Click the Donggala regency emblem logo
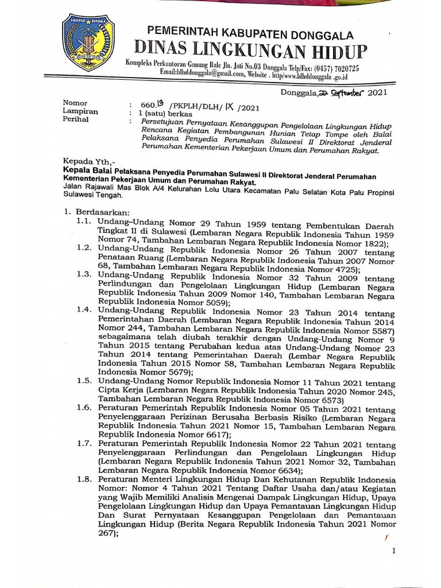tap(88, 43)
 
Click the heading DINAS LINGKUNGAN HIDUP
tap(250, 51)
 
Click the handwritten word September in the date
tap(339, 92)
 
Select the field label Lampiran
tap(80, 111)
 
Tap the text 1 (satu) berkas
tap(153, 114)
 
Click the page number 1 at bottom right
tap(393, 551)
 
